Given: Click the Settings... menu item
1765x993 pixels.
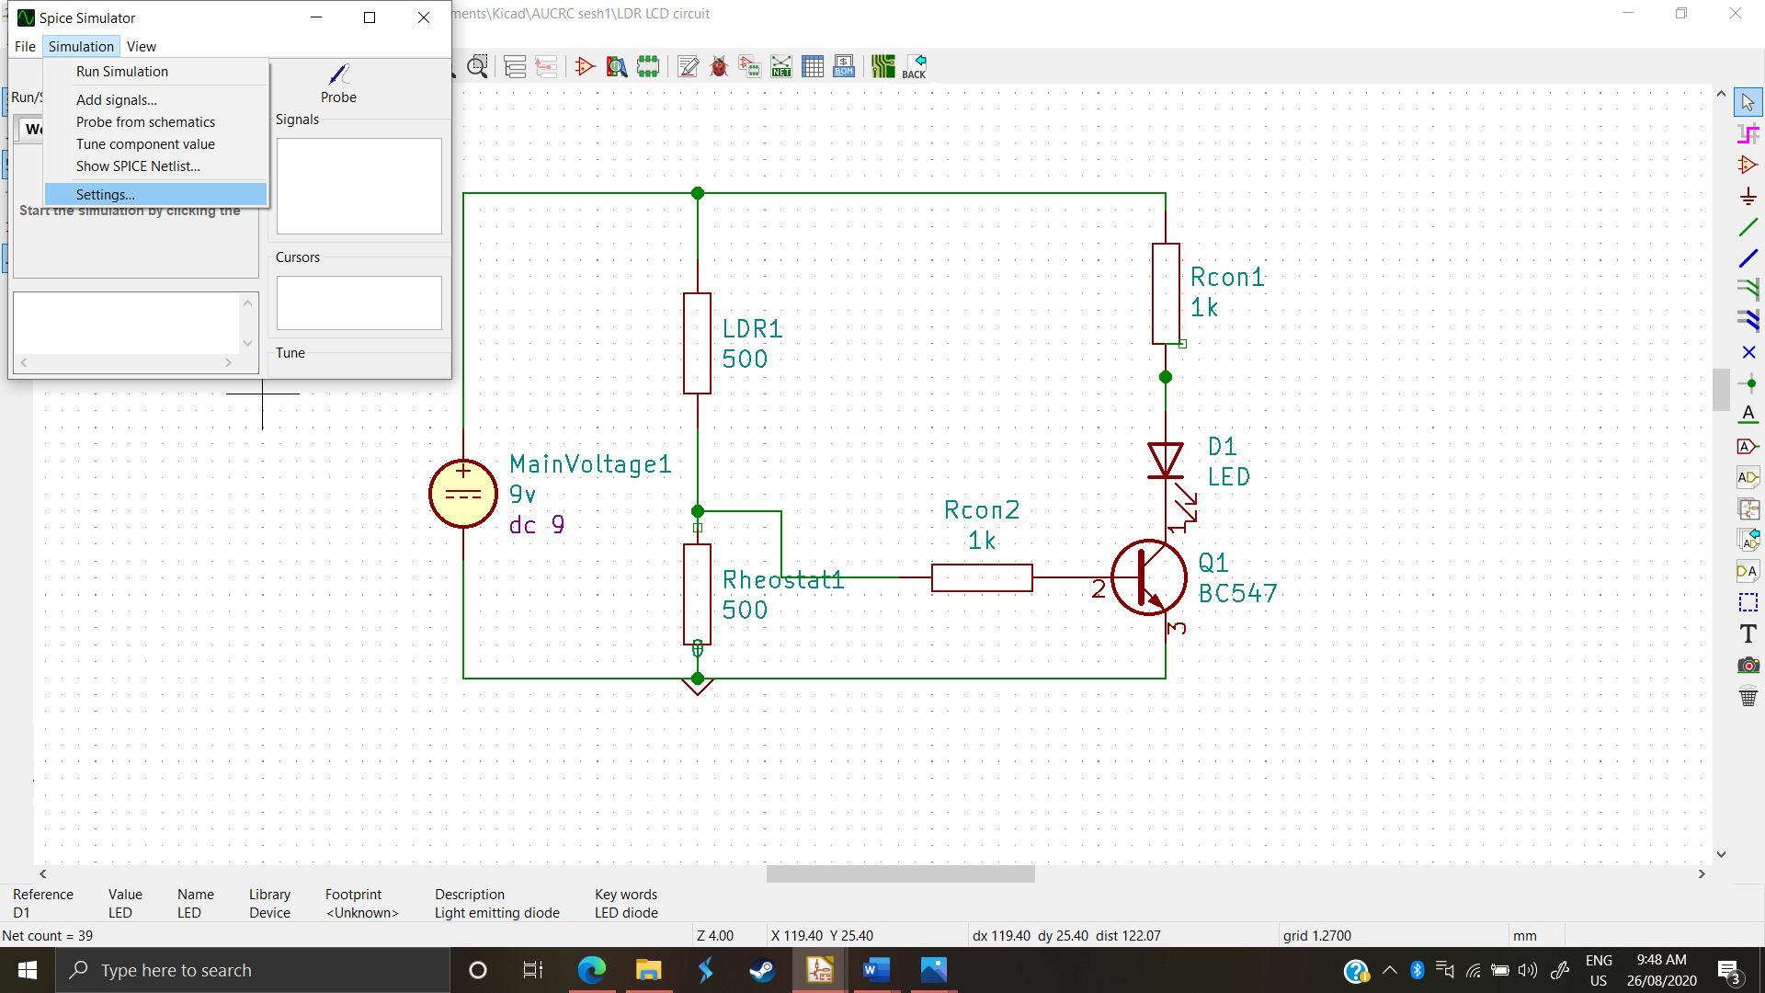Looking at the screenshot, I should [x=106, y=195].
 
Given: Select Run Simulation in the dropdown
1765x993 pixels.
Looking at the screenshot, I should [x=122, y=72].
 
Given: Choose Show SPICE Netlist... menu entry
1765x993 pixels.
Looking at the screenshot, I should [x=138, y=166].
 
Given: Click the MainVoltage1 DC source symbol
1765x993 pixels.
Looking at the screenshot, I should [x=463, y=494].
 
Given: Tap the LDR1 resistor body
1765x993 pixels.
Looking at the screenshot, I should [x=698, y=343].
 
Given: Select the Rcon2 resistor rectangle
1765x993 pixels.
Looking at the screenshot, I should [x=982, y=577].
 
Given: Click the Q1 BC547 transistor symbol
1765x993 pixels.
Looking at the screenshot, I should [x=1149, y=577].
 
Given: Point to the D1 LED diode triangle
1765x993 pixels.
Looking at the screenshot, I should [x=1166, y=459].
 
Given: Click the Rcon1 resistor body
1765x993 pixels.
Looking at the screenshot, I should [x=1166, y=293].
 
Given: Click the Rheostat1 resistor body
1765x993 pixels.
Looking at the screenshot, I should [x=698, y=594].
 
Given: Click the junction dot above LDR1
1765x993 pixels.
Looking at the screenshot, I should [x=698, y=193].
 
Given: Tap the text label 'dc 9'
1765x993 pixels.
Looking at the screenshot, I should [x=537, y=525].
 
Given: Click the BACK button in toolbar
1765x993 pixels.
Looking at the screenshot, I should [x=915, y=66].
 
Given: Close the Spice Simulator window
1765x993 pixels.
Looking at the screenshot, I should [x=424, y=17].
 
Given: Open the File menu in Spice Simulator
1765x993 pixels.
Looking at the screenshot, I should [x=25, y=47].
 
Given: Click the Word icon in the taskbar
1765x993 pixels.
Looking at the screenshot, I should [x=876, y=970].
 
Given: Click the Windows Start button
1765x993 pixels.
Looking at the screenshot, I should [x=28, y=970].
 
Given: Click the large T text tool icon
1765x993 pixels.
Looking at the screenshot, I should [x=1748, y=633].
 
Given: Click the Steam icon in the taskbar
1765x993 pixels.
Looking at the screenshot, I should [x=762, y=970].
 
